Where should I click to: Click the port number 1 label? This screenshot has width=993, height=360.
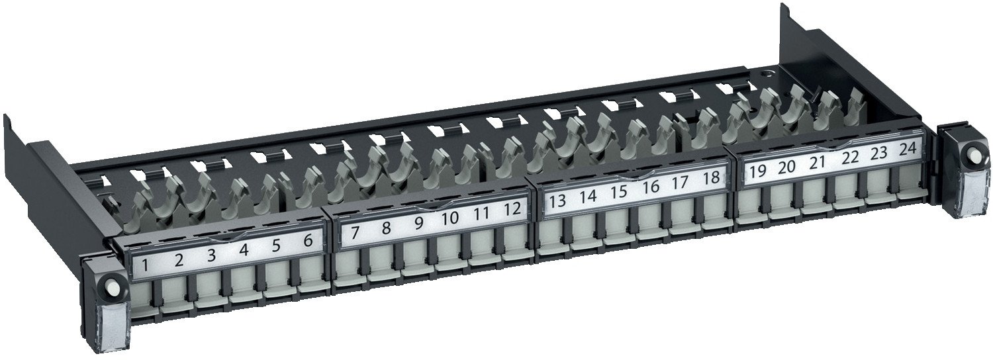coord(145,267)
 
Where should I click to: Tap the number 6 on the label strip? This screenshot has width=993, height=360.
coord(308,241)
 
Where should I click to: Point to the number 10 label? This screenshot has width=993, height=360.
coord(450,218)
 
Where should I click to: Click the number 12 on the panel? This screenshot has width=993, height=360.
coord(512,209)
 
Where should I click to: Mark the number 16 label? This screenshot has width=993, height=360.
coord(651,187)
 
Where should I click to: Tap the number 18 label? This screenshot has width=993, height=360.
coord(711,177)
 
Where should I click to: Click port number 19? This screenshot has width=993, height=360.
coord(757,172)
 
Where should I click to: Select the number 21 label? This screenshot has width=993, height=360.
coord(818,163)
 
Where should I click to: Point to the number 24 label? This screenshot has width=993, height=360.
coord(908,149)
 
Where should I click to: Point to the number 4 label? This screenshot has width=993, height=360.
coord(244,251)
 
